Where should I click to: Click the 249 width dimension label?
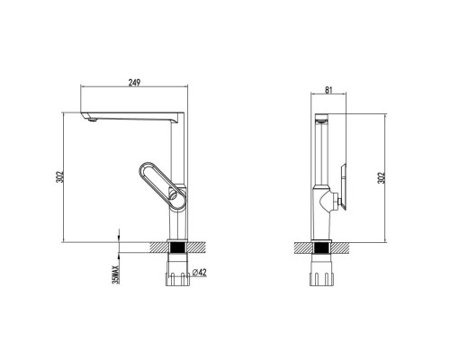tap(134, 83)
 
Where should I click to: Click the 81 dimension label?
tap(328, 90)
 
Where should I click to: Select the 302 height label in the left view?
tap(59, 176)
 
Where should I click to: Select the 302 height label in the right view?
tap(382, 177)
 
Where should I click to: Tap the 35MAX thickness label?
tap(115, 274)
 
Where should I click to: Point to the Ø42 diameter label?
tap(199, 272)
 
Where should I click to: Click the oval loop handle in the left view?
tap(162, 185)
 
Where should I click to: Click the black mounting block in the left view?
tap(177, 248)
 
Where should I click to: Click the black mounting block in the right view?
tap(320, 248)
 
